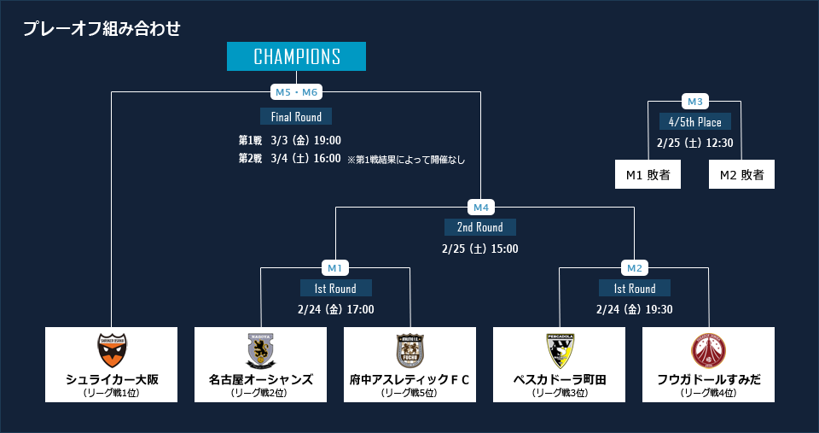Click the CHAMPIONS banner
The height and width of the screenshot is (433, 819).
296,56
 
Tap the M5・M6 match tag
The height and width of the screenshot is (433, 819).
296,91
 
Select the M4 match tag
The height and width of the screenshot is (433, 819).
480,207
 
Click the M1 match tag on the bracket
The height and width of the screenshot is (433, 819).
334,267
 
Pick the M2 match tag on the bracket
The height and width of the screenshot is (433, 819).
634,267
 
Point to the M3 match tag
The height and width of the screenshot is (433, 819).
694,102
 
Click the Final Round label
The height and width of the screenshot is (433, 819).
296,116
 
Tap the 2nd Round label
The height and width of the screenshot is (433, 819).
480,227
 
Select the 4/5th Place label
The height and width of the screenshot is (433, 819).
694,121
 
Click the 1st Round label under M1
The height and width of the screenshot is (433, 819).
335,288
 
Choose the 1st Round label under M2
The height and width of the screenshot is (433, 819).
634,288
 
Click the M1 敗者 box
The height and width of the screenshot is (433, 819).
648,174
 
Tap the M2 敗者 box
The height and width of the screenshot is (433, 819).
741,174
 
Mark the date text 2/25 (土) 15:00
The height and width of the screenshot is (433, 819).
480,249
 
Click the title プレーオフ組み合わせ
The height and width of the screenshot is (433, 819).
102,28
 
